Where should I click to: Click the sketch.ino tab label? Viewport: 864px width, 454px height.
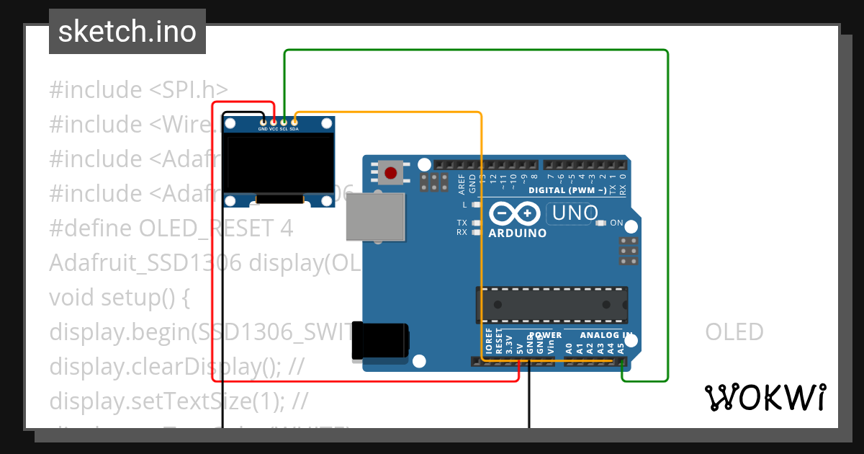click(127, 32)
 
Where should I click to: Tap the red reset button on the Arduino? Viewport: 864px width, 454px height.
click(390, 173)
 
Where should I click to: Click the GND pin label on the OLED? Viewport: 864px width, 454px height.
click(263, 129)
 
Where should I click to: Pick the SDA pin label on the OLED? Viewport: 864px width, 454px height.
click(294, 129)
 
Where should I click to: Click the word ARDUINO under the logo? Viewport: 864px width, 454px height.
click(517, 233)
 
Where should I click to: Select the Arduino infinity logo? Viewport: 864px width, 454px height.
click(514, 213)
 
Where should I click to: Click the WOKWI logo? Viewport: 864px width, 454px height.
click(765, 398)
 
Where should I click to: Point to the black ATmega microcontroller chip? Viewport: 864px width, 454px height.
click(551, 305)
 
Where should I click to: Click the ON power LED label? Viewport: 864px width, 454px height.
click(616, 223)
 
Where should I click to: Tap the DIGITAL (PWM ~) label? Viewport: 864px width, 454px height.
click(567, 191)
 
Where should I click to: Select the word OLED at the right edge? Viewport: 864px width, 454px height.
click(734, 332)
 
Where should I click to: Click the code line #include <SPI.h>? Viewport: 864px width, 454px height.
click(138, 90)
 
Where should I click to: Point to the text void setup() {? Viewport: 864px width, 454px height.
click(119, 298)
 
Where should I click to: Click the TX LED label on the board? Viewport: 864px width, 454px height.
click(462, 223)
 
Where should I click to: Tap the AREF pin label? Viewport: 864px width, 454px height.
click(462, 184)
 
